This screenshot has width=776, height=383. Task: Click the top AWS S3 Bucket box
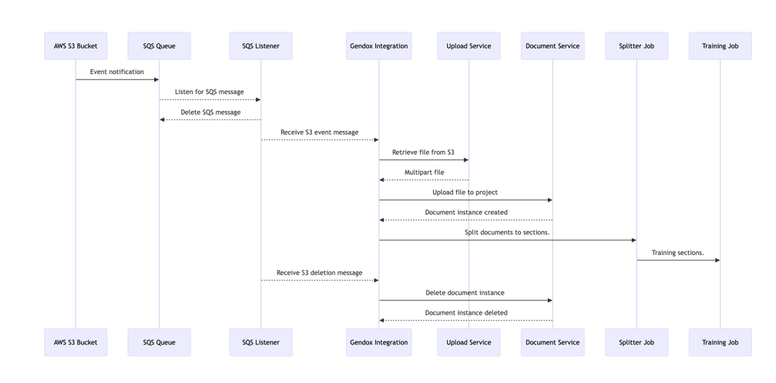tap(76, 46)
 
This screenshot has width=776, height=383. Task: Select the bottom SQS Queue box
tap(160, 342)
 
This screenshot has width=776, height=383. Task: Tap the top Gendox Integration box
tap(378, 46)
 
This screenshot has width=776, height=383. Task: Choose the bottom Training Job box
tap(720, 342)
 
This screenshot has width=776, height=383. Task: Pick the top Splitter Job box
tap(637, 46)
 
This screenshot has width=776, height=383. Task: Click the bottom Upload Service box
tap(469, 342)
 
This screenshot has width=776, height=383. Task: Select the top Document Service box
tap(553, 46)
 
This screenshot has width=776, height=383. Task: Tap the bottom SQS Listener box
tap(260, 342)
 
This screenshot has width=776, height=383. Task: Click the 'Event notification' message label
tap(117, 72)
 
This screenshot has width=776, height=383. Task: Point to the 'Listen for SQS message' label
tap(210, 92)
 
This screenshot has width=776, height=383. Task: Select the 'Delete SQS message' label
tap(210, 113)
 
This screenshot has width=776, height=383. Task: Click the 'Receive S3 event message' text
tap(319, 133)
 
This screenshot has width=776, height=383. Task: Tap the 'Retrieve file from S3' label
tap(423, 153)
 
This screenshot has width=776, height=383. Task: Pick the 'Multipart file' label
tap(424, 173)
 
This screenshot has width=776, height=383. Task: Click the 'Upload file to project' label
tap(465, 193)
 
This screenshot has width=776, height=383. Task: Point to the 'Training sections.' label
tap(677, 253)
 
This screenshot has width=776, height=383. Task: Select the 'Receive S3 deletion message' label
tap(319, 273)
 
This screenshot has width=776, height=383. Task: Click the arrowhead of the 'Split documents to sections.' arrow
tap(633, 240)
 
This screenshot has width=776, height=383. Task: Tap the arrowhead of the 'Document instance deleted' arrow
tap(382, 321)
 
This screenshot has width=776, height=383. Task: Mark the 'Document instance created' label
tap(466, 213)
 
